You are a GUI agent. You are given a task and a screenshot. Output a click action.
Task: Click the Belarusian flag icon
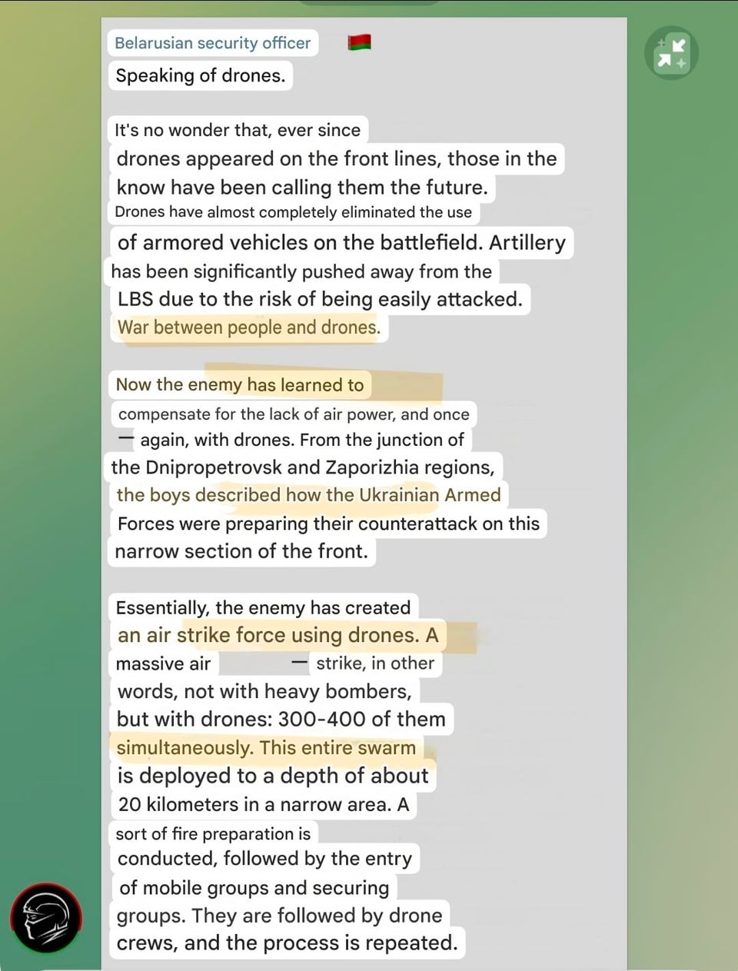(359, 42)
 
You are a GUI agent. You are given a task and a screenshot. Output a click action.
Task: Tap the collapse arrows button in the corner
(671, 53)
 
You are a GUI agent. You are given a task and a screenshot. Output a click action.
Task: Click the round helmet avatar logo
(46, 918)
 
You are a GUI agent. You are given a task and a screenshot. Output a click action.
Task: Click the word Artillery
(527, 243)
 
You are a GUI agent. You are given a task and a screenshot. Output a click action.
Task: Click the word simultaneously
(184, 748)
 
